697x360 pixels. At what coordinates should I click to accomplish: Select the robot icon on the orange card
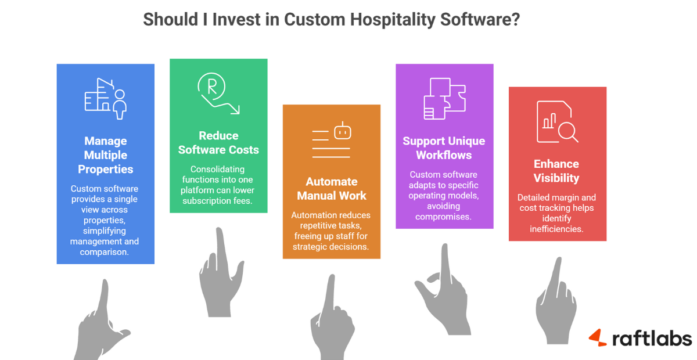click(x=343, y=132)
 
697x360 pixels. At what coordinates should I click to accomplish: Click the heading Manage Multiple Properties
click(x=105, y=155)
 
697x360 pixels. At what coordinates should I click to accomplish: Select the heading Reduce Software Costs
click(x=218, y=142)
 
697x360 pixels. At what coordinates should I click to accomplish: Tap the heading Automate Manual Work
click(x=332, y=188)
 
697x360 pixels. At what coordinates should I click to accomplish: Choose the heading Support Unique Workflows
click(x=444, y=148)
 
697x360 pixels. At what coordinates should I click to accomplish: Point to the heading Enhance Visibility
click(x=557, y=171)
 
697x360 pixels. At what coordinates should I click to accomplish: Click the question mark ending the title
click(x=515, y=19)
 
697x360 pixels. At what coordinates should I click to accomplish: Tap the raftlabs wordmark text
click(x=652, y=339)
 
